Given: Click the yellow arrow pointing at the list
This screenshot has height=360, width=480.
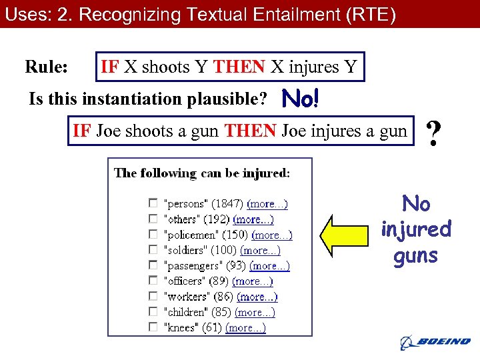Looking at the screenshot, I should coord(347,235).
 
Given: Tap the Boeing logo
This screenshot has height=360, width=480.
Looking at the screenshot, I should coord(435,342).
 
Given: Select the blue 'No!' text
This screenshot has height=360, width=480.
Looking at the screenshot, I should coord(301,100).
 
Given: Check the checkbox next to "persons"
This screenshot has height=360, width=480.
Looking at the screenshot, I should coord(153,203).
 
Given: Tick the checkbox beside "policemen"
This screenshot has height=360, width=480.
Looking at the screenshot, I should coord(153,234).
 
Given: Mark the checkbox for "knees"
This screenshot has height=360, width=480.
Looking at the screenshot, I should coord(153,327).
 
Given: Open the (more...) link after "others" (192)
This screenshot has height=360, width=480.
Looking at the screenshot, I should coord(253,219).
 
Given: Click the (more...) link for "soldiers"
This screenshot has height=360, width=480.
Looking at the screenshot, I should coord(260,250).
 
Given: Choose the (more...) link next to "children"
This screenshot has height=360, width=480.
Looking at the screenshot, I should coord(255,312).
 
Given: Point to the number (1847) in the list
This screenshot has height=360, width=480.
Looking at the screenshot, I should coord(227,204).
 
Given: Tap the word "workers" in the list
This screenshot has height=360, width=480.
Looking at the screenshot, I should coord(185,297).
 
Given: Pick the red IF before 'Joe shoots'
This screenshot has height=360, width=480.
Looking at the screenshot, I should coord(82,131).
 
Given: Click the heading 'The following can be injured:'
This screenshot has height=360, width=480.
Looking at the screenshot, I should coord(202,173).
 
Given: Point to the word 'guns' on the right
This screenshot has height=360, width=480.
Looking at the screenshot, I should coord(415,256).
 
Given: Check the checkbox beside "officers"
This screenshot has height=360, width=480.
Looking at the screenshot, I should coord(153,281).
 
